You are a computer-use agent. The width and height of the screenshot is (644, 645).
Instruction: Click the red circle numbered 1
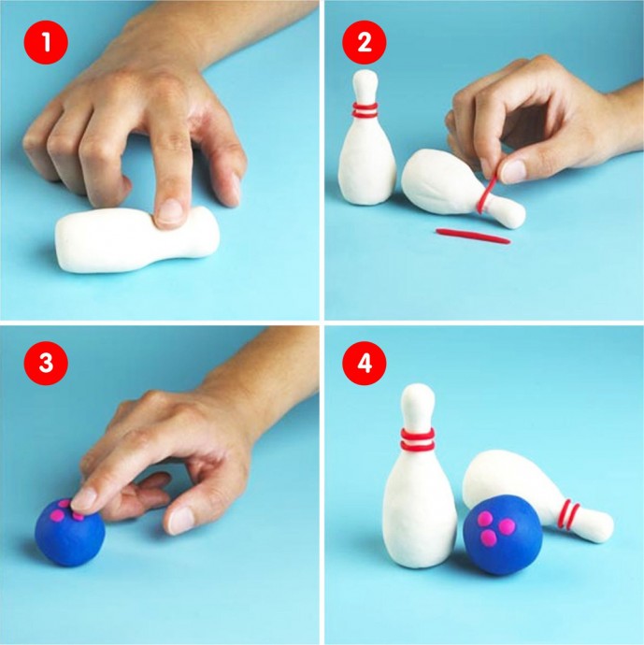pos(46,42)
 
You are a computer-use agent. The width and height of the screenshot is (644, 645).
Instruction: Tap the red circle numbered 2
pos(365,42)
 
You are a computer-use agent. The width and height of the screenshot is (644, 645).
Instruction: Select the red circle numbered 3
pos(46,364)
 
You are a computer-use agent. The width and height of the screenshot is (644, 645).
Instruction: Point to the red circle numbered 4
pos(365,364)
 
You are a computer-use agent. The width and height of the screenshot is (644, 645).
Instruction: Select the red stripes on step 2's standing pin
pos(365,110)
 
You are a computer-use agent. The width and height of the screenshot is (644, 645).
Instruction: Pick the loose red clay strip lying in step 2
pos(473,236)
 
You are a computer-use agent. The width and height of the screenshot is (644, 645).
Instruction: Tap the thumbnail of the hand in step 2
pos(514,171)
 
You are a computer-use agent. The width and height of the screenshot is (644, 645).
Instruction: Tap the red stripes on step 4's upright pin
pos(418,438)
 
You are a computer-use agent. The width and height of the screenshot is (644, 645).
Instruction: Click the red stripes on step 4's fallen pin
pos(567,515)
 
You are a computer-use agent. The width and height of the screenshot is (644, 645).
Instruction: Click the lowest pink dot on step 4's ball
pos(488,536)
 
